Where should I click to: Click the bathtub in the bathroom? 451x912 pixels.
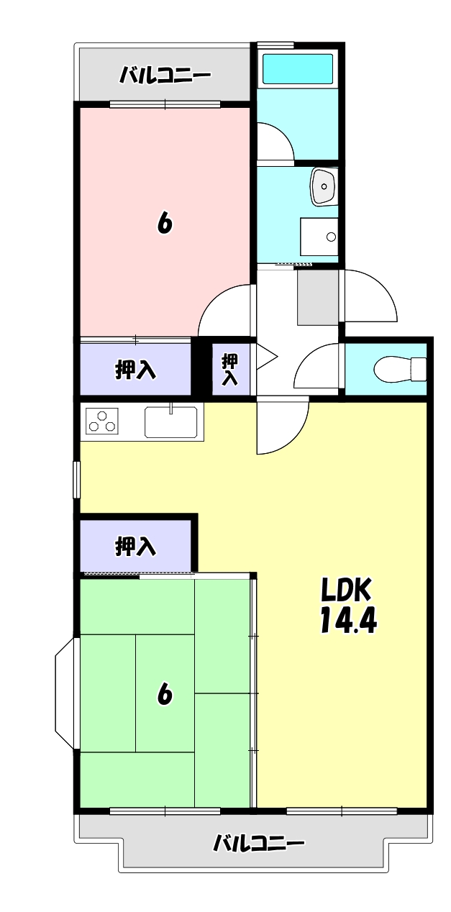(298, 69)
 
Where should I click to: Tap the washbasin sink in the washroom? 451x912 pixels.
(324, 186)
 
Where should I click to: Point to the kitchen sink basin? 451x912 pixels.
(171, 422)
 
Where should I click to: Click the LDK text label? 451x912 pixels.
(346, 590)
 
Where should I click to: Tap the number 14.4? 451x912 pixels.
(348, 621)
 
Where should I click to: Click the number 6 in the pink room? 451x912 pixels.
(165, 224)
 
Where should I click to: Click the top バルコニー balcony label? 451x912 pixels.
(165, 75)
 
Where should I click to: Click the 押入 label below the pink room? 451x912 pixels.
(135, 370)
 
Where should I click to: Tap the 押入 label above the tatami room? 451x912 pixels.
(135, 547)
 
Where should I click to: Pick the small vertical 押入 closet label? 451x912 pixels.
(229, 369)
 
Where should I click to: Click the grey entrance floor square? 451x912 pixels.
(317, 296)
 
